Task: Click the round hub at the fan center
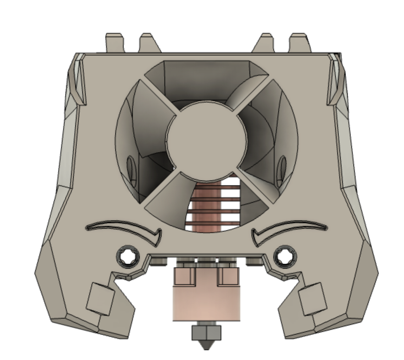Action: (x=207, y=141)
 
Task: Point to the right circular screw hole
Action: (x=285, y=256)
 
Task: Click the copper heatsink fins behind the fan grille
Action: (x=214, y=207)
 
